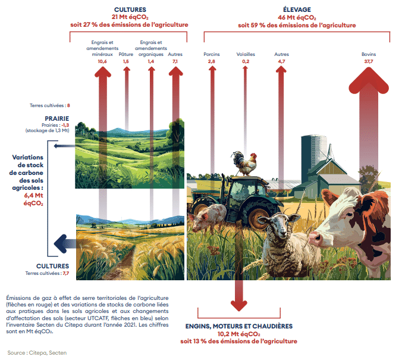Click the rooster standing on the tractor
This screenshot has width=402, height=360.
point(245,163)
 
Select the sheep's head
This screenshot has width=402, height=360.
point(279,224)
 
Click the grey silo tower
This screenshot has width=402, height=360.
point(313,156)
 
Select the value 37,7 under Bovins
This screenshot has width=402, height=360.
point(369,61)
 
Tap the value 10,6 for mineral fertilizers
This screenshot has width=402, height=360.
point(102,61)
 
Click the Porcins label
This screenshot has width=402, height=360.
point(212,54)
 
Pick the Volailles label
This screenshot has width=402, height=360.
point(246,54)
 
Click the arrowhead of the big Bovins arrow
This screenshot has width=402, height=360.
point(369,80)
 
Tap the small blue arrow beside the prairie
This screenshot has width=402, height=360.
point(64,146)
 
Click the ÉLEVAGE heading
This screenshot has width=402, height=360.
point(297,10)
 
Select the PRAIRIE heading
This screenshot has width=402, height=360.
point(57,118)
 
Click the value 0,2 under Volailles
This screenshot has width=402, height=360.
point(246,61)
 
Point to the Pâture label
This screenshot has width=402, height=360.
point(126,54)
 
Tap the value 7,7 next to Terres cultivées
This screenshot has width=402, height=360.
point(66,273)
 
